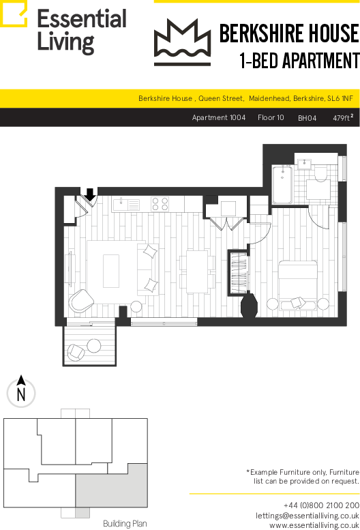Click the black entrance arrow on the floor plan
pyautogui.click(x=90, y=194)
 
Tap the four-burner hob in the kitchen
pyautogui.click(x=160, y=204)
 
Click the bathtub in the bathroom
pyautogui.click(x=282, y=185)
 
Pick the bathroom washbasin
pyautogui.click(x=307, y=164)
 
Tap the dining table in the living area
pyautogui.click(x=197, y=271)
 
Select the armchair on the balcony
pyautogui.click(x=76, y=352)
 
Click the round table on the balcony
pyautogui.click(x=94, y=345)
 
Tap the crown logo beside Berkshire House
pyautogui.click(x=182, y=42)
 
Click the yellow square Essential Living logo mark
pyautogui.click(x=14, y=14)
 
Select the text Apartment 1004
pyautogui.click(x=219, y=117)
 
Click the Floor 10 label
pyautogui.click(x=271, y=117)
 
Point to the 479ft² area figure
pyautogui.click(x=343, y=117)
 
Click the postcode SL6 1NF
pyautogui.click(x=340, y=98)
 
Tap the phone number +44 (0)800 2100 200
pyautogui.click(x=322, y=505)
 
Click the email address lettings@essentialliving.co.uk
pyautogui.click(x=307, y=516)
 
